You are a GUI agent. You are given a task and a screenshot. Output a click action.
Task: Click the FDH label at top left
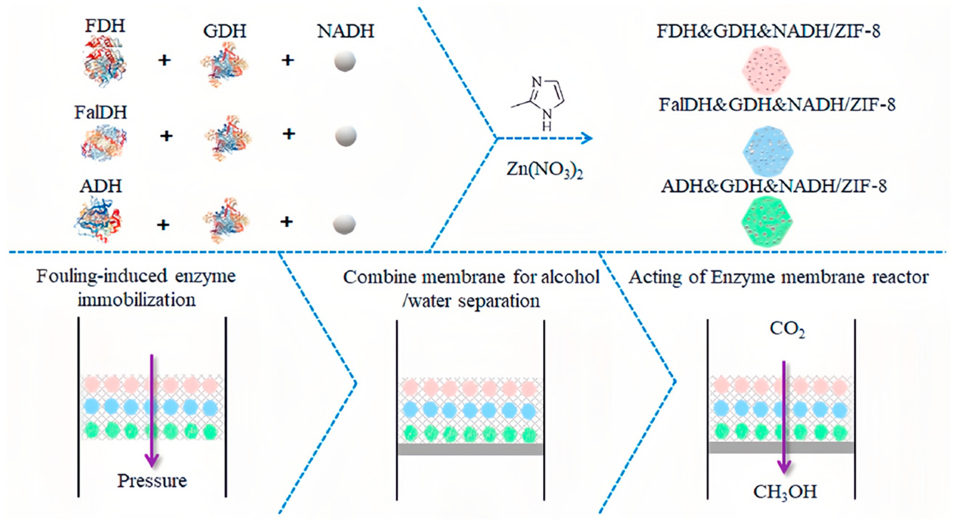coord(105,26)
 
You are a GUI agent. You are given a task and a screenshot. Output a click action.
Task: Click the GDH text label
coord(224,31)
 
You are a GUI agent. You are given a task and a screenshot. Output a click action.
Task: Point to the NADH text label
coord(346,31)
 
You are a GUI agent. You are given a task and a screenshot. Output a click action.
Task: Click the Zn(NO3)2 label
coord(544,170)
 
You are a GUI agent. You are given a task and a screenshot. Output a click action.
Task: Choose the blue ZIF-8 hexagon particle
coord(768,152)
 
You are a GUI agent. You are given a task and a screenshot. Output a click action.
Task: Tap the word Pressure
coord(152,481)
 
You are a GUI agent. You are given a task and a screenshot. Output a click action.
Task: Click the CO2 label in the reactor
coord(787,329)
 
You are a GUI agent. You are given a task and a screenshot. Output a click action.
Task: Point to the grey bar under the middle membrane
coord(470,449)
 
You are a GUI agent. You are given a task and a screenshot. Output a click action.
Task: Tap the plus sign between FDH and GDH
coord(165,60)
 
